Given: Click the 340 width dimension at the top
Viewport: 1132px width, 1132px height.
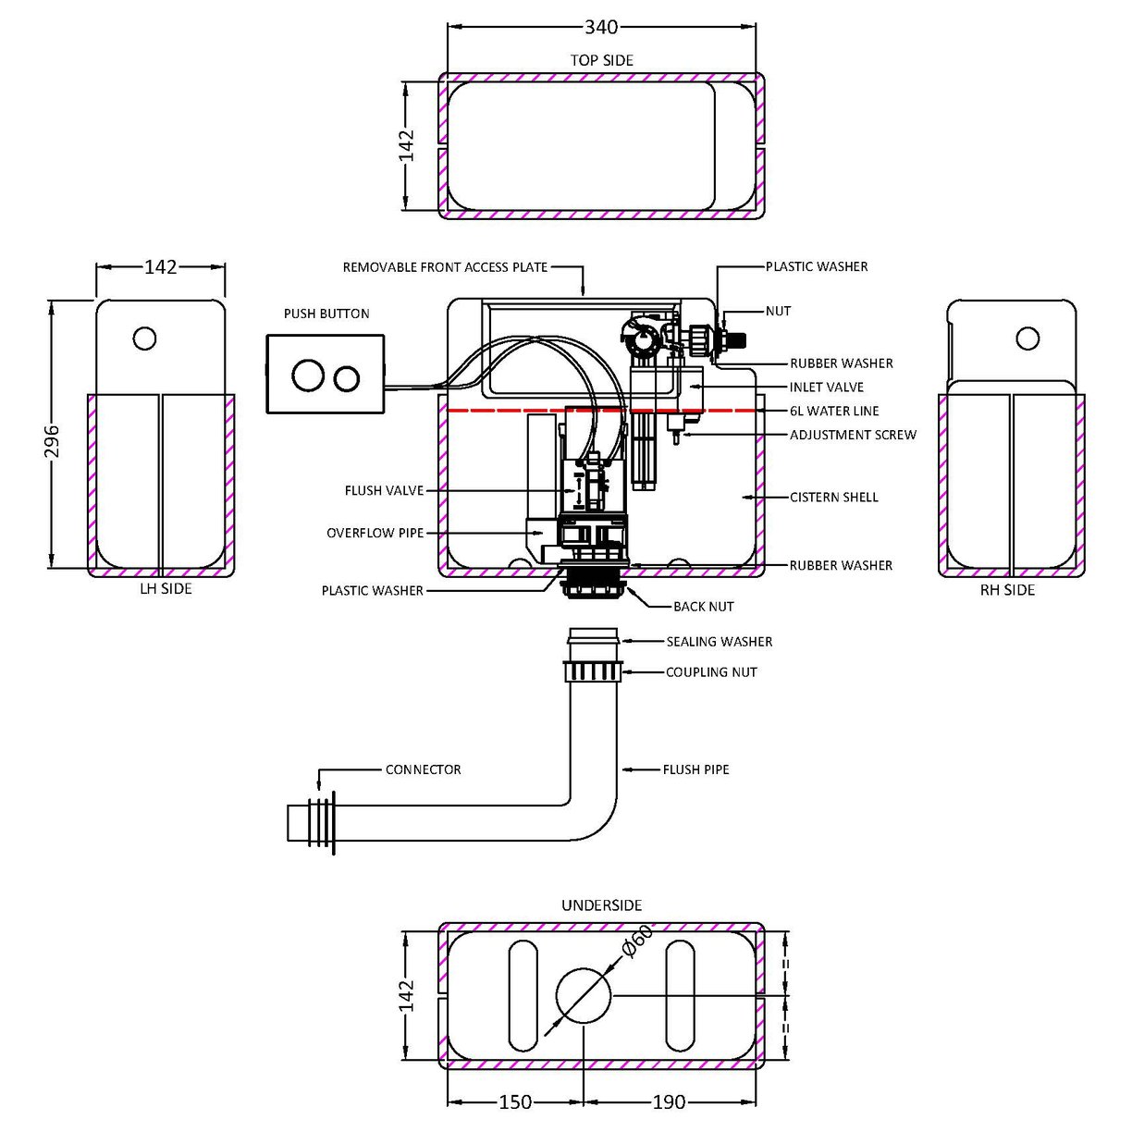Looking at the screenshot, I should pyautogui.click(x=601, y=28).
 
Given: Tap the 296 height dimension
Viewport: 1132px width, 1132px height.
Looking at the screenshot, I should pyautogui.click(x=53, y=441).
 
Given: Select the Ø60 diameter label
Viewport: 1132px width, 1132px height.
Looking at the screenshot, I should pyautogui.click(x=637, y=941).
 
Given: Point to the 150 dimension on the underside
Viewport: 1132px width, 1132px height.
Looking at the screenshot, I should pyautogui.click(x=515, y=1101).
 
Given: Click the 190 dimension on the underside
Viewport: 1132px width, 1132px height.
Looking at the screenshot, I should pyautogui.click(x=669, y=1101).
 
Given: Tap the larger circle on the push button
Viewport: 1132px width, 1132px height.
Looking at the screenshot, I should pyautogui.click(x=306, y=375).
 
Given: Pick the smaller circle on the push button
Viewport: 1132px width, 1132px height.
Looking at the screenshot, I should pyautogui.click(x=346, y=377).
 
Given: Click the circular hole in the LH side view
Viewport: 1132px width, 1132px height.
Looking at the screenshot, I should pyautogui.click(x=144, y=338).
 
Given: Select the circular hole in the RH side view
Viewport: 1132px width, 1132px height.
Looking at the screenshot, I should pyautogui.click(x=1027, y=338).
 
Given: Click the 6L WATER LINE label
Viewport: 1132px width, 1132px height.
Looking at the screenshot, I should pyautogui.click(x=834, y=411).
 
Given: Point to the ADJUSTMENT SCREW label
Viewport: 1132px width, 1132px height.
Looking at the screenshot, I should pyautogui.click(x=853, y=435).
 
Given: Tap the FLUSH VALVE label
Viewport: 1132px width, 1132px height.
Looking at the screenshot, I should pyautogui.click(x=384, y=490).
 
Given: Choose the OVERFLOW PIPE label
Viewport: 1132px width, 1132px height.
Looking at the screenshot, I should pyautogui.click(x=375, y=533).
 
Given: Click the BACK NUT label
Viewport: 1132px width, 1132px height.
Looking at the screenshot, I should pyautogui.click(x=703, y=607).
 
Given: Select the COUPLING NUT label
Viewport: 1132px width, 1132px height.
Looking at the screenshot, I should pyautogui.click(x=711, y=672).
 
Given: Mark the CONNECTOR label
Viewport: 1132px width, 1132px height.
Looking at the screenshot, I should pyautogui.click(x=423, y=769).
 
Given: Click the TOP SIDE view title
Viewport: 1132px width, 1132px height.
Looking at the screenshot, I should pyautogui.click(x=601, y=60).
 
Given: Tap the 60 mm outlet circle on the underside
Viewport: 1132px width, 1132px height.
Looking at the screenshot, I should pyautogui.click(x=584, y=995).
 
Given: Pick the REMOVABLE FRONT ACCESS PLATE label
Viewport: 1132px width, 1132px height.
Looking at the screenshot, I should pyautogui.click(x=445, y=267).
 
